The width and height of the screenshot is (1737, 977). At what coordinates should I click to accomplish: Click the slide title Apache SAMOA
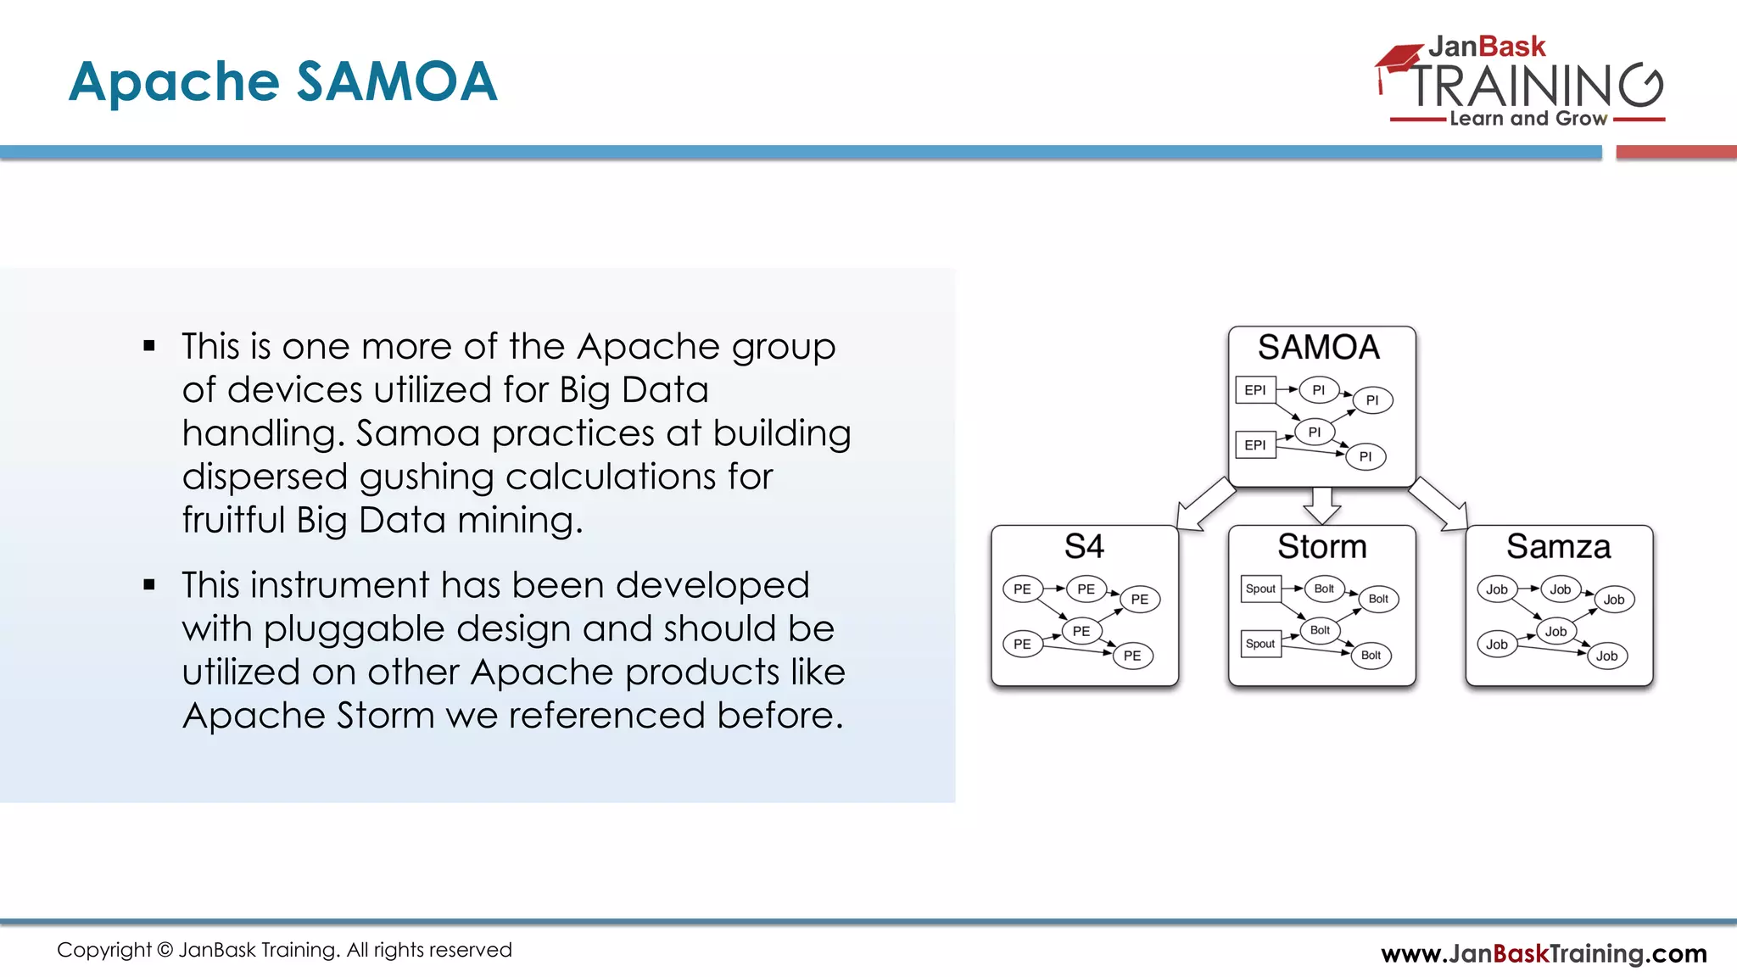pyautogui.click(x=282, y=82)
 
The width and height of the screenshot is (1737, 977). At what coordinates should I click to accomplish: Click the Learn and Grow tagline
pyautogui.click(x=1528, y=119)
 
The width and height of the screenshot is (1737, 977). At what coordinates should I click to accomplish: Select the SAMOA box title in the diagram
pyautogui.click(x=1319, y=348)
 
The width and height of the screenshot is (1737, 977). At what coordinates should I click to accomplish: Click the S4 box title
pyautogui.click(x=1084, y=547)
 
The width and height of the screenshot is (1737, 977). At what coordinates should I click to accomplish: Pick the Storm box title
pyautogui.click(x=1321, y=547)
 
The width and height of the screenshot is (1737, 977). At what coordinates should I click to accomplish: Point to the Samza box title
pyautogui.click(x=1558, y=547)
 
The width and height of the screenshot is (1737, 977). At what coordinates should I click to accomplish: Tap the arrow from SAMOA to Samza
pyautogui.click(x=1439, y=505)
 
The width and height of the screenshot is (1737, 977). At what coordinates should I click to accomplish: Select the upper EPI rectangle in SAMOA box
pyautogui.click(x=1255, y=390)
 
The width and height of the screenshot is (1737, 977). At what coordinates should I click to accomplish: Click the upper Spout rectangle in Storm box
pyautogui.click(x=1260, y=589)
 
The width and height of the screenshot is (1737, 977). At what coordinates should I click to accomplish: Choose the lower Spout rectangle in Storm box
pyautogui.click(x=1260, y=644)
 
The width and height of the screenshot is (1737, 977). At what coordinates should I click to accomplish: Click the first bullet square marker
pyautogui.click(x=149, y=346)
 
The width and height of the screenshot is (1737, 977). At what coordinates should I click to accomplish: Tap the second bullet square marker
pyautogui.click(x=149, y=584)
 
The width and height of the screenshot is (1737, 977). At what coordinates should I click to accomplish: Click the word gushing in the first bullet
pyautogui.click(x=427, y=477)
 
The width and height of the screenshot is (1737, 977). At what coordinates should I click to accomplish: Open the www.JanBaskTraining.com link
pyautogui.click(x=1544, y=954)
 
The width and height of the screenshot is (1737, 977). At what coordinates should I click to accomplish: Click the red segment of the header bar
pyautogui.click(x=1676, y=153)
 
